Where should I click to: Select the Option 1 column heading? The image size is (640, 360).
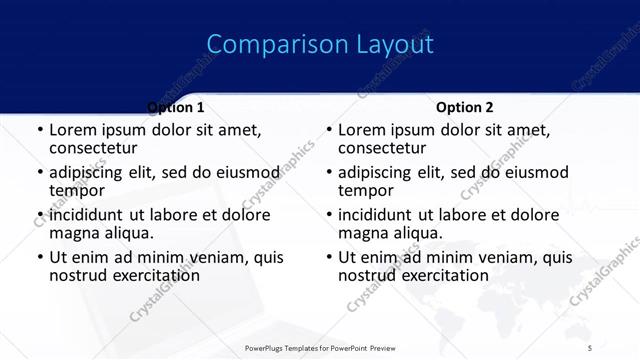(x=176, y=107)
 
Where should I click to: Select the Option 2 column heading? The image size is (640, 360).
(x=465, y=107)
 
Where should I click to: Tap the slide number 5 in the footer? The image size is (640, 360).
(x=590, y=347)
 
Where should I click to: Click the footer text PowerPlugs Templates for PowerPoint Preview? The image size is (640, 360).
(x=320, y=347)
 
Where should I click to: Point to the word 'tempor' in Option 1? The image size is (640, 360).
(x=77, y=190)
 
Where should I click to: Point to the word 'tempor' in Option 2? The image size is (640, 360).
(x=366, y=190)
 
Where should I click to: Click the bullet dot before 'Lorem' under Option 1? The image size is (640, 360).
(x=40, y=130)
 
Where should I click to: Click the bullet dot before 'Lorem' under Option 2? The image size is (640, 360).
(x=329, y=130)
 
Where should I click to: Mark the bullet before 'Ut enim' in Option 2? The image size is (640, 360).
(x=329, y=258)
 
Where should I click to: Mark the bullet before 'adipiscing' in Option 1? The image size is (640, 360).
(x=40, y=173)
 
